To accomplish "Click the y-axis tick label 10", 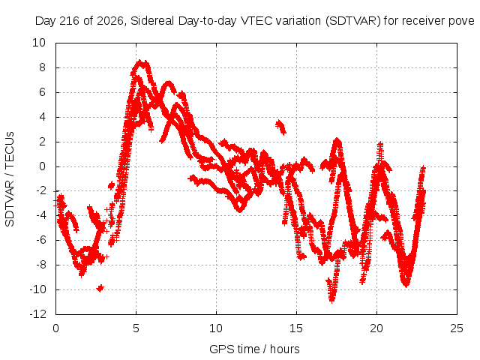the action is [x=39, y=43].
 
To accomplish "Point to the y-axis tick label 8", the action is [x=42, y=67].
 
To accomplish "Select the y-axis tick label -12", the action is [x=38, y=314].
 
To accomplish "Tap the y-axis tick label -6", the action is [x=40, y=240].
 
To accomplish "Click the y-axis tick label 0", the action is [x=42, y=166].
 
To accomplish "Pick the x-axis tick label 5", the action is [x=136, y=328].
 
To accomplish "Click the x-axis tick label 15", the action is [x=296, y=328].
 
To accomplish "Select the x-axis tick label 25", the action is [x=457, y=328].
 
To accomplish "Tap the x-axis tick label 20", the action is [x=376, y=328].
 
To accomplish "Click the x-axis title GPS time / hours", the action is [x=254, y=349].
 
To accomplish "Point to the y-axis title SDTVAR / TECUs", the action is [x=10, y=179].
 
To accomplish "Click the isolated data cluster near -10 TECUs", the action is [x=100, y=288].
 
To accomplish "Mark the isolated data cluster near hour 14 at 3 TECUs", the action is [x=280, y=127].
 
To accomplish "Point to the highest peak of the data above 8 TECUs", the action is [x=140, y=62].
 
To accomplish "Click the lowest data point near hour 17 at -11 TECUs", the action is [x=331, y=300].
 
